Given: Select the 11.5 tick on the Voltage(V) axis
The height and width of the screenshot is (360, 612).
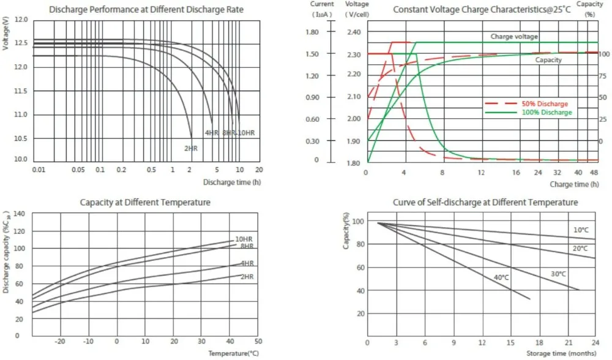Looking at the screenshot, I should click(x=21, y=91).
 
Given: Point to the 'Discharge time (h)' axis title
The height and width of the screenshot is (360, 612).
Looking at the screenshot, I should click(x=232, y=182).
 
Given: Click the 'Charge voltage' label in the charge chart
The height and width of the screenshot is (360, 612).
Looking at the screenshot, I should click(x=514, y=37).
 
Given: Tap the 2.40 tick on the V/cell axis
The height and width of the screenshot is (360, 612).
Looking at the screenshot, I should click(x=353, y=32).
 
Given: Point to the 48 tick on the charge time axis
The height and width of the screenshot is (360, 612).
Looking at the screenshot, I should click(x=593, y=173).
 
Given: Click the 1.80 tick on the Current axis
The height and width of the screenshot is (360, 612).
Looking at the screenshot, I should click(x=313, y=32).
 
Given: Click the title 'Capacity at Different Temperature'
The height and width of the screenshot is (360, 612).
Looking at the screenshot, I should click(x=145, y=202).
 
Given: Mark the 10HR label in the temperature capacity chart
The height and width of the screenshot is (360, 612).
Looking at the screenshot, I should click(x=244, y=239).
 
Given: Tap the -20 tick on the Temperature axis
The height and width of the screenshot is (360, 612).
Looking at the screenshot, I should click(x=60, y=340).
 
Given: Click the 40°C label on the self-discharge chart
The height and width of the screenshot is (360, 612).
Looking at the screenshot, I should click(x=502, y=277).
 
